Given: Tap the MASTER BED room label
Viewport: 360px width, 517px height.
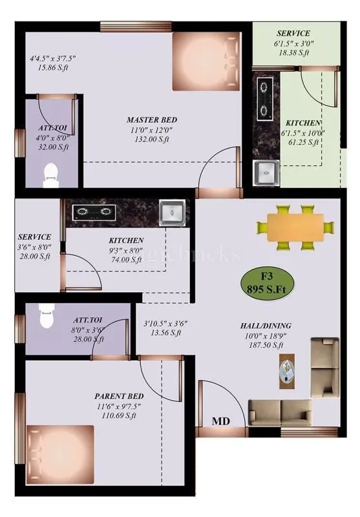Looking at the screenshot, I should coord(151,120).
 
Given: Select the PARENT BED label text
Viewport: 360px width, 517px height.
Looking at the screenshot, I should coord(119,396).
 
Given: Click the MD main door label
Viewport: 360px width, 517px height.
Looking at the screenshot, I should coord(222,421).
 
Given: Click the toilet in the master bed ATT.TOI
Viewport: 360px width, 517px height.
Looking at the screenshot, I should coord(51,175).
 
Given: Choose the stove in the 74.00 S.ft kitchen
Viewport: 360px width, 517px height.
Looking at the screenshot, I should coord(92,210).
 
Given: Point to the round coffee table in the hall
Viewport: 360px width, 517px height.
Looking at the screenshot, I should coord(287,372).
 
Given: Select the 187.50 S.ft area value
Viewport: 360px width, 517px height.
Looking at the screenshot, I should coord(266,346).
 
